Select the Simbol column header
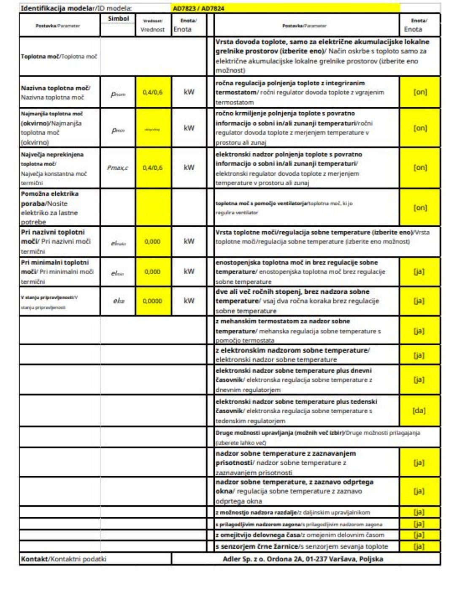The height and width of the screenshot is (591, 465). click(118, 19)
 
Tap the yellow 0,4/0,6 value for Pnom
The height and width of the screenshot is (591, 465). click(152, 92)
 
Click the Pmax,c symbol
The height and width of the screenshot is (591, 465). click(118, 168)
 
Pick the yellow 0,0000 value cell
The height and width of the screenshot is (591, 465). click(152, 301)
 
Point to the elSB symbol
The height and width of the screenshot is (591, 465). click(119, 301)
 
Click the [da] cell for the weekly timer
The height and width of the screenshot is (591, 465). click(419, 410)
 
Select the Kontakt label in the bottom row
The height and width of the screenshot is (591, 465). click(34, 559)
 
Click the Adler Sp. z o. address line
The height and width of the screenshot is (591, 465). click(303, 559)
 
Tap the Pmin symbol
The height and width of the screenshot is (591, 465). click(118, 130)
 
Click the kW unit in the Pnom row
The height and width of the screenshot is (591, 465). click(189, 92)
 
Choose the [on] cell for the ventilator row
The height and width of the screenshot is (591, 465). click(420, 208)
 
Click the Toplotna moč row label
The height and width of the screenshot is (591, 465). click(59, 56)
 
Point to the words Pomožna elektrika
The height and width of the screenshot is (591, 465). click(50, 194)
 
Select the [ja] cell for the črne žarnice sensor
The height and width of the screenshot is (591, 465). click(419, 546)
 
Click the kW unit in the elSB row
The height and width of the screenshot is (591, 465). click(189, 301)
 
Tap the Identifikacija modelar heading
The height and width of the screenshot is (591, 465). click(57, 8)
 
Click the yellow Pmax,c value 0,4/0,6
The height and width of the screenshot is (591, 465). click(152, 168)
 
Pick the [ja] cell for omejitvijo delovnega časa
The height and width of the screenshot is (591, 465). click(419, 535)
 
